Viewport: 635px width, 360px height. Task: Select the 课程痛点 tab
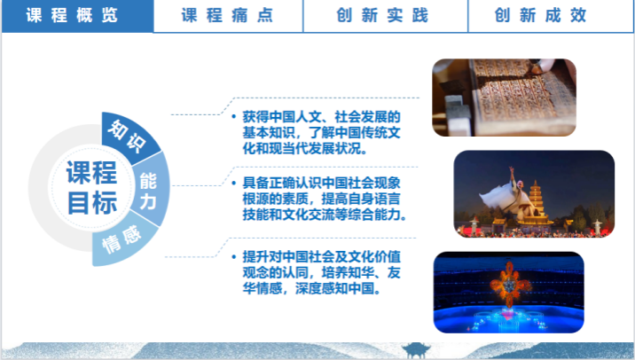[228, 16]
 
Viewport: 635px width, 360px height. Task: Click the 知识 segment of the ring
[128, 136]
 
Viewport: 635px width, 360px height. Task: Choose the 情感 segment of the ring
[121, 242]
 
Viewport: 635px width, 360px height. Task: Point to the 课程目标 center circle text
[92, 187]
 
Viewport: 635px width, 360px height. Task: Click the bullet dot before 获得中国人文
[234, 117]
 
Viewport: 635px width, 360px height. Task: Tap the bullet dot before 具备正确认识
[234, 183]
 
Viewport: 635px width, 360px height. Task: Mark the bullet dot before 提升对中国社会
[234, 257]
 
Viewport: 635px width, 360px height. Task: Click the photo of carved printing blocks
[505, 98]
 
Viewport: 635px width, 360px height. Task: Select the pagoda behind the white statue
[536, 201]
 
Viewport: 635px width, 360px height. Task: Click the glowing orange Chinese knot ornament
[510, 286]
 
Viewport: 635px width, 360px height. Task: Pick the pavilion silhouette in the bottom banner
[416, 350]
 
